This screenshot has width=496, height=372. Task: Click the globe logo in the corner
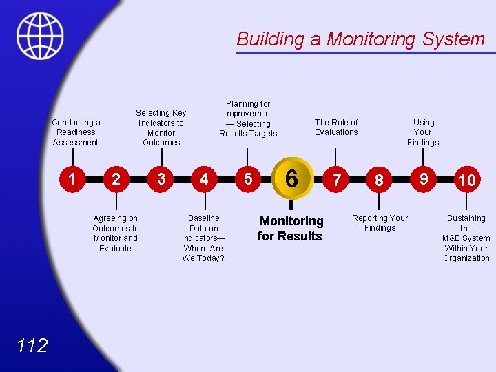coord(40,36)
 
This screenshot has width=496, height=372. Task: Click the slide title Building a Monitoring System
coord(360,39)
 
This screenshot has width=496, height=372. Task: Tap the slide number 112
coord(32,345)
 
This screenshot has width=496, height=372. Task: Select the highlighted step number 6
coord(291,179)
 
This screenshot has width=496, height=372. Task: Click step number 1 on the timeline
coord(72,179)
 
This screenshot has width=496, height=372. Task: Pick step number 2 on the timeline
coord(116,180)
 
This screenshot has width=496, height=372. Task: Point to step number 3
coord(161,179)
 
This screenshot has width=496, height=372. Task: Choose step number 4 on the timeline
coord(203,179)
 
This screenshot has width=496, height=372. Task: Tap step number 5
coord(247,179)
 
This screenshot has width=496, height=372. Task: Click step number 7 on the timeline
coord(336,180)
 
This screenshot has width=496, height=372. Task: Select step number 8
coord(379,180)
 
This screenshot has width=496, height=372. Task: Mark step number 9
coord(424,179)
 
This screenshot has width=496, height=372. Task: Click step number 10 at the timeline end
coord(467,180)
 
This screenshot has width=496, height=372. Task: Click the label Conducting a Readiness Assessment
coord(76,132)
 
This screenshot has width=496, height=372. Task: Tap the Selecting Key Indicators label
coord(161,127)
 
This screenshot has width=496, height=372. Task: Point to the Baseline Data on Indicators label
coord(203,238)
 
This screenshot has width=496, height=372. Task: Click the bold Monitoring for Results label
coord(290,229)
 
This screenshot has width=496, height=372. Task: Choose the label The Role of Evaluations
coord(336,127)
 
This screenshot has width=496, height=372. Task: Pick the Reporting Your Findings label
coord(380,223)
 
